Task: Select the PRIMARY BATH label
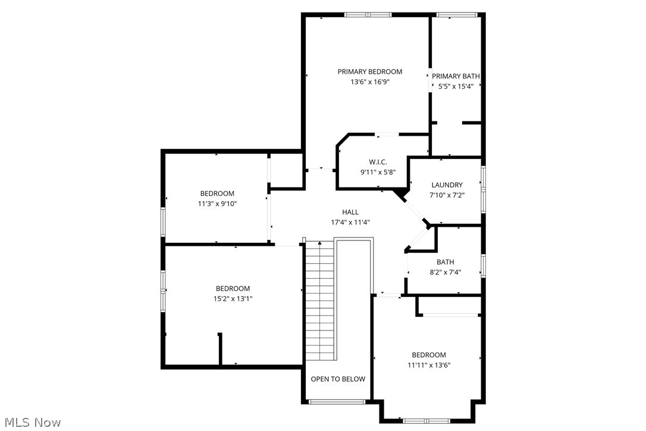point(456,76)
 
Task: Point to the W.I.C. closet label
point(378,162)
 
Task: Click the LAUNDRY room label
point(447,185)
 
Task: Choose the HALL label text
point(350,213)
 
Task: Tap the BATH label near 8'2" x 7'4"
point(445,262)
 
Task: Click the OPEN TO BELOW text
point(338,379)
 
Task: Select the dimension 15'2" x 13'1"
point(233,299)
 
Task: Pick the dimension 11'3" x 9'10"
point(217,204)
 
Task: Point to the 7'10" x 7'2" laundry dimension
point(447,195)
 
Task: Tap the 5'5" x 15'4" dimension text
point(456,86)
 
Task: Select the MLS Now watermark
point(31,423)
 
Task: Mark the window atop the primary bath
point(457,15)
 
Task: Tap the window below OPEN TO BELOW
point(337,402)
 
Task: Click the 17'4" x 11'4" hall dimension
point(350,223)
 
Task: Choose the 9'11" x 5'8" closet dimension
point(378,172)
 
